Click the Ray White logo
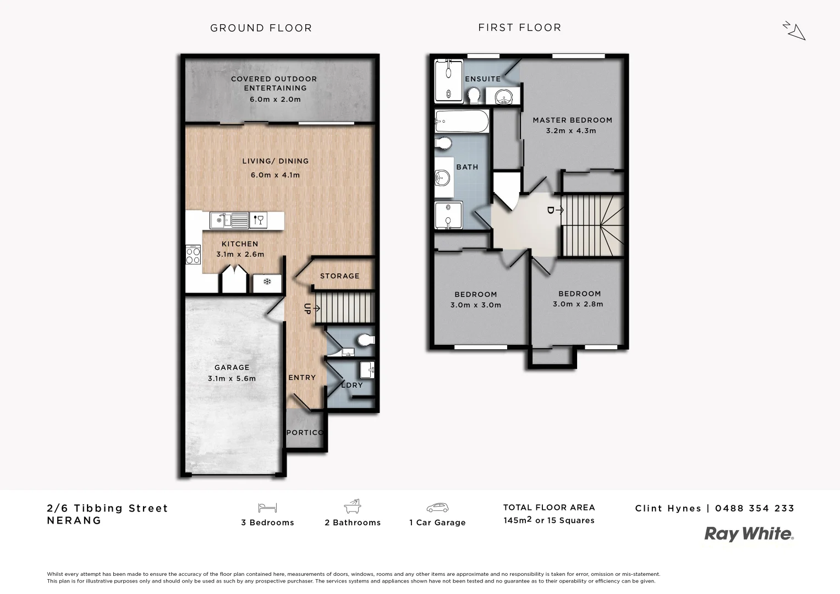click(x=749, y=534)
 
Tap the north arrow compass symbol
click(x=794, y=31)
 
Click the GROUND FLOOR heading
click(x=261, y=28)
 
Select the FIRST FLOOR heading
click(x=519, y=28)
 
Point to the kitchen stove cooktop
click(x=193, y=255)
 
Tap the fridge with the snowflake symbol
click(x=267, y=283)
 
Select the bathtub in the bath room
click(x=462, y=122)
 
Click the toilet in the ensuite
click(x=473, y=97)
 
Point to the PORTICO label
click(x=305, y=432)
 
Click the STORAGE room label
click(x=339, y=276)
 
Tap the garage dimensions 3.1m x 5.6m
click(x=232, y=378)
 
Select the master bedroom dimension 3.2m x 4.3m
click(x=571, y=131)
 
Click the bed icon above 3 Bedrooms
click(x=267, y=508)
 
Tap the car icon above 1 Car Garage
click(x=437, y=508)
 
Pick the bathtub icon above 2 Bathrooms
click(x=352, y=506)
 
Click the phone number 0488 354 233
click(x=755, y=508)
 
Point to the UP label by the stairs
click(x=308, y=309)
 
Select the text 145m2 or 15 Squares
click(x=548, y=520)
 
